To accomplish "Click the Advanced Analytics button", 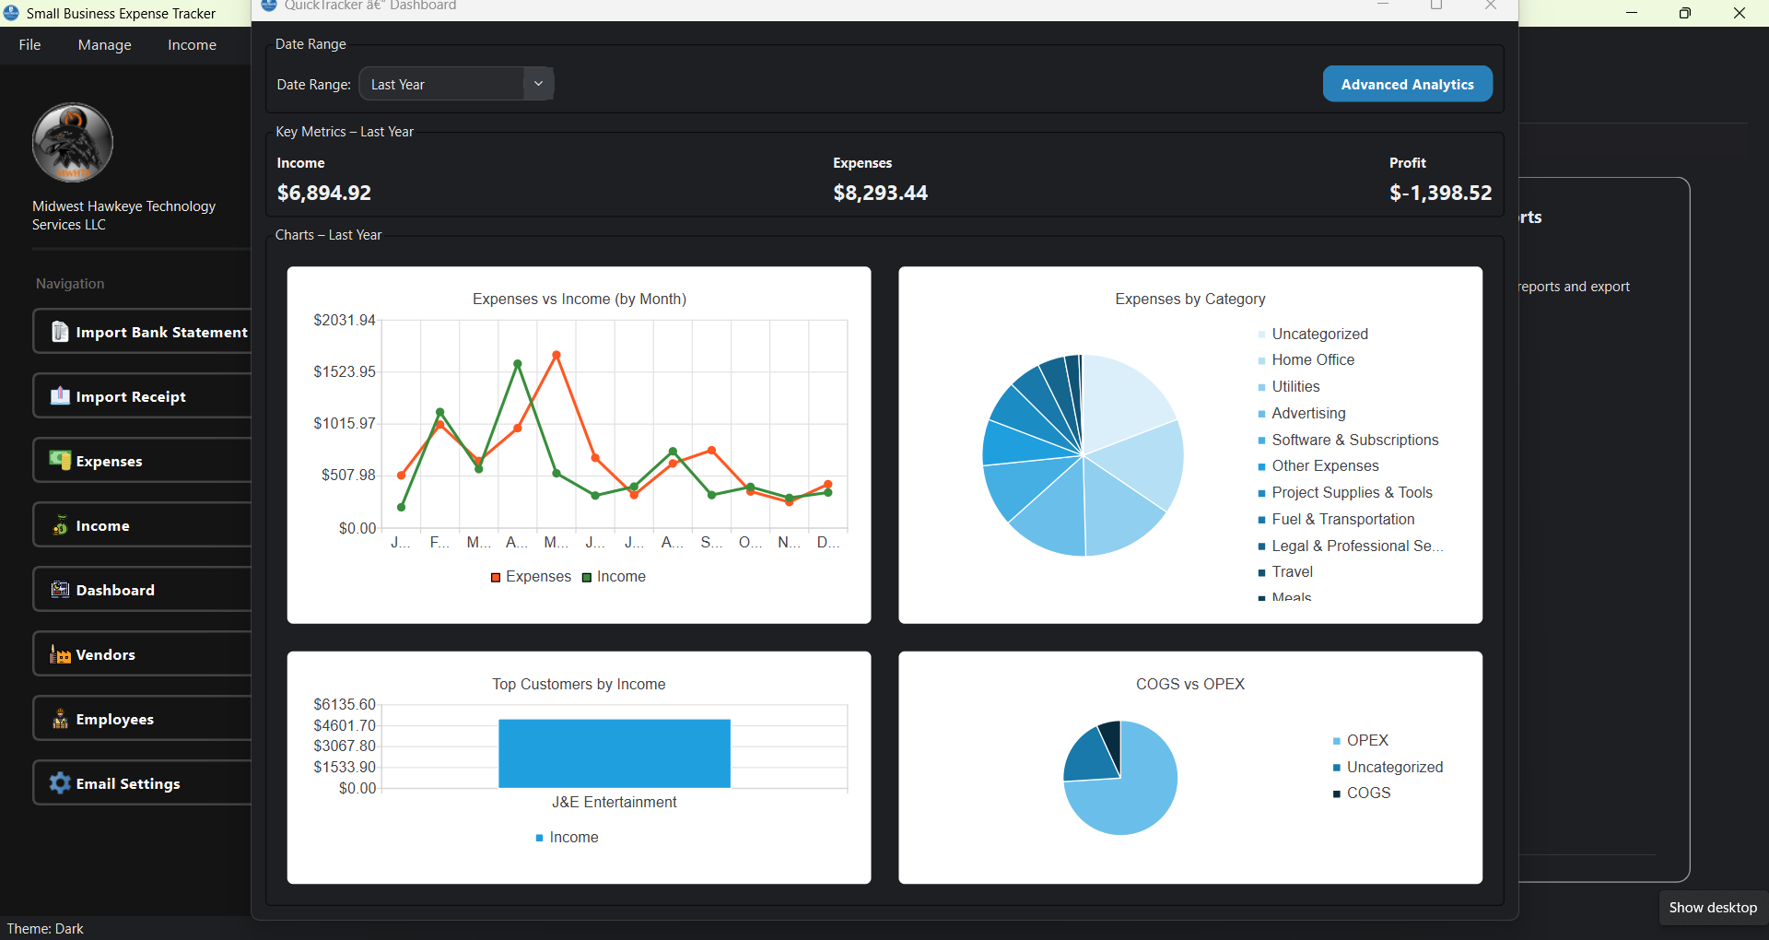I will [1407, 84].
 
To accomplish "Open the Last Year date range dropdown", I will [456, 84].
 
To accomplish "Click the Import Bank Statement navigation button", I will [147, 332].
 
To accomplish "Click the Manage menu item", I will [104, 44].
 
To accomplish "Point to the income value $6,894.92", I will [324, 193].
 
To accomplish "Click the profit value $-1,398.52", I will [1440, 193].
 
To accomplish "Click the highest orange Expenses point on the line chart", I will [556, 355].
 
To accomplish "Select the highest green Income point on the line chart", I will [517, 364].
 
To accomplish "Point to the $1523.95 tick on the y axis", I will [345, 371].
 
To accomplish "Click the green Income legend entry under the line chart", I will [615, 577].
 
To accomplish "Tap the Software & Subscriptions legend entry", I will [1354, 440].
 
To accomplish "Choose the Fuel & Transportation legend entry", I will [1342, 519].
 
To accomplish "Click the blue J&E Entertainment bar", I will [614, 754].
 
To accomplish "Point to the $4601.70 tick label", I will [345, 725].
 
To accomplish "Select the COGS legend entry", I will [1367, 793].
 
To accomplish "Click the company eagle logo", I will [73, 142].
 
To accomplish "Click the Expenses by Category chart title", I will [1189, 299].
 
